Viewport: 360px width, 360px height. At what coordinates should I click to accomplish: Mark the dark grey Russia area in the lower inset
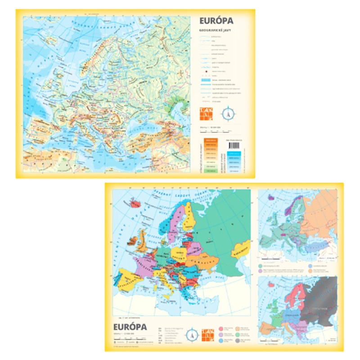(320, 301)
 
